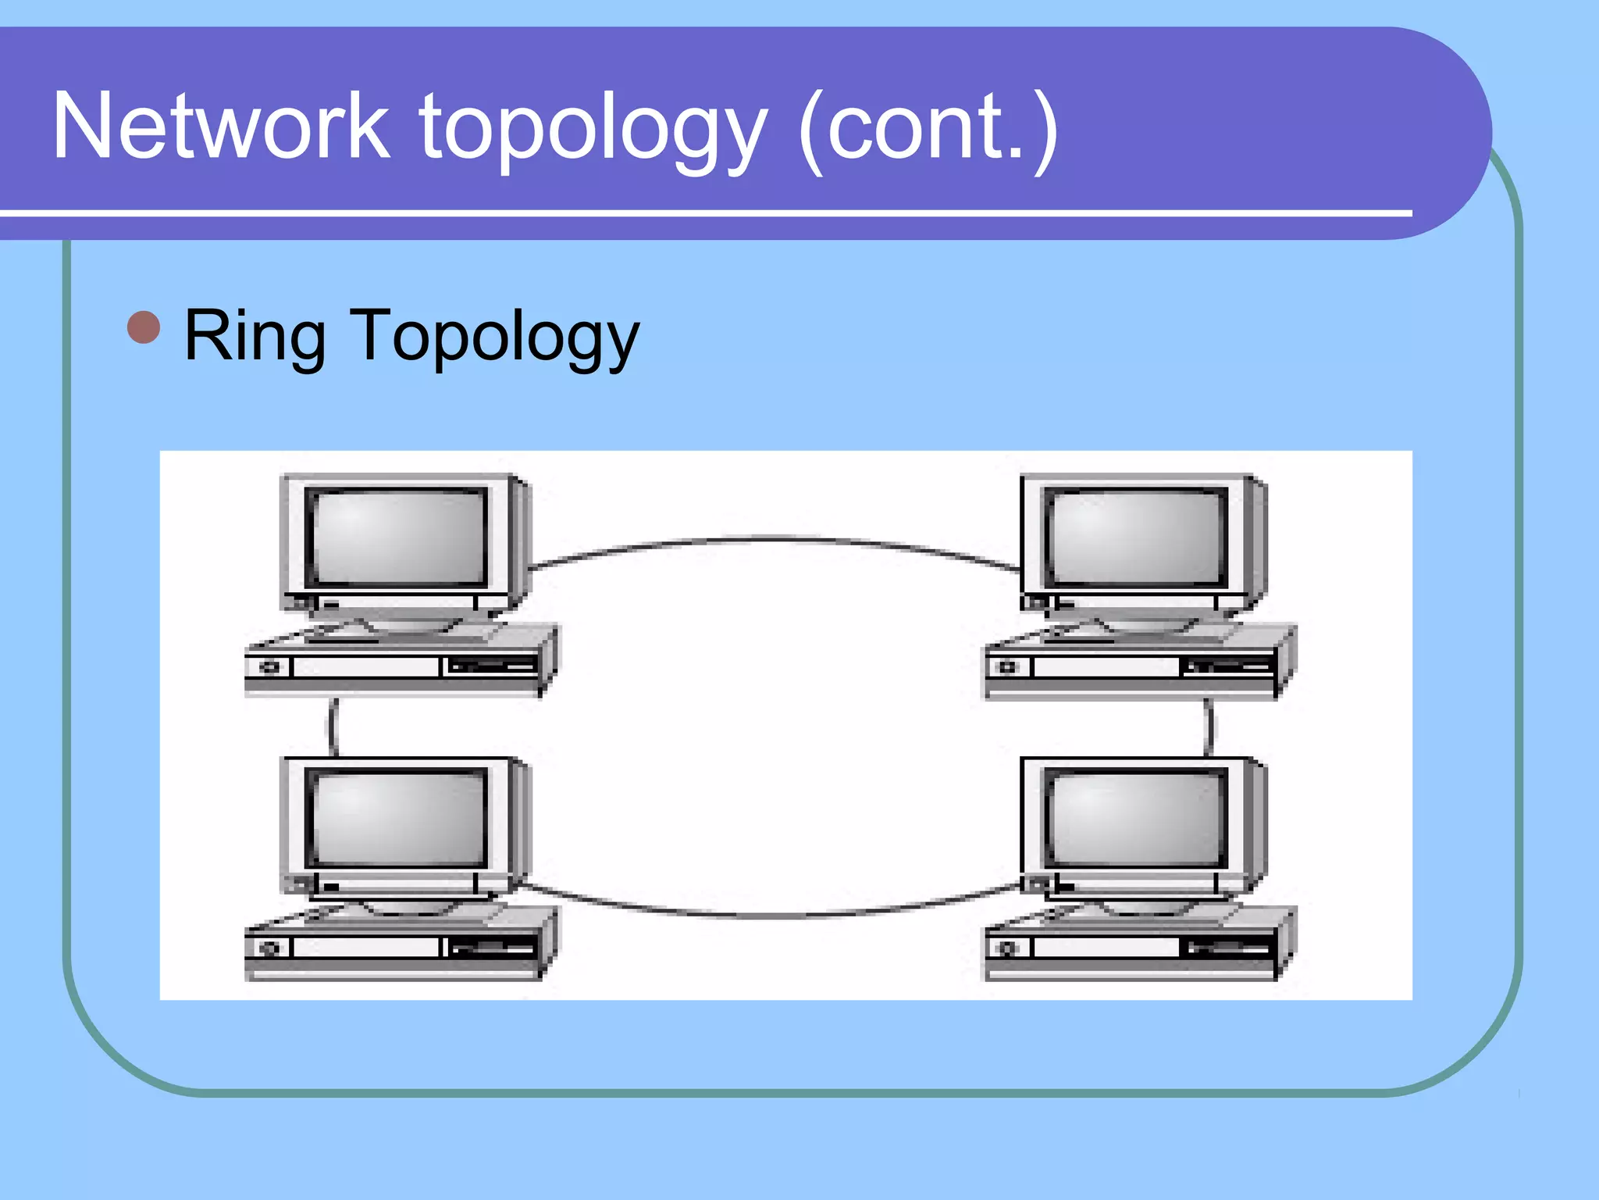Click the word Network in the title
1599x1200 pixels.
pyautogui.click(x=221, y=127)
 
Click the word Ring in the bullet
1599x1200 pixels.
pyautogui.click(x=255, y=336)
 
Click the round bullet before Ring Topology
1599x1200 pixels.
pyautogui.click(x=144, y=327)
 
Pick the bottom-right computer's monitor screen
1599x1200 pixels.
pyautogui.click(x=1137, y=818)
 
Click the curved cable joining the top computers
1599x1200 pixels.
pyautogui.click(x=769, y=538)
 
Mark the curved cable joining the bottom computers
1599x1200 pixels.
pyautogui.click(x=769, y=914)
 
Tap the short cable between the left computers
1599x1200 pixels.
pyautogui.click(x=333, y=727)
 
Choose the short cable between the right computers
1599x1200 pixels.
pyautogui.click(x=1209, y=727)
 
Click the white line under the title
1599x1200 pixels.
pyautogui.click(x=703, y=212)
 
